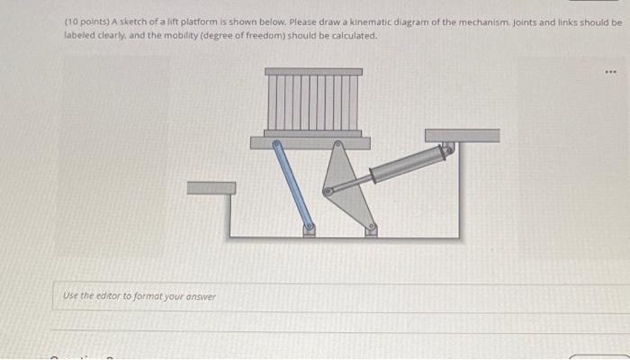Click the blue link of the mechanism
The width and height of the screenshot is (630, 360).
(x=292, y=184)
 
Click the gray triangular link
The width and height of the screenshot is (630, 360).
(x=347, y=184)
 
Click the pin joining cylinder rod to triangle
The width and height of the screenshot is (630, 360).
(x=328, y=191)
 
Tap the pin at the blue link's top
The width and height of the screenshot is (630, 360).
(x=277, y=143)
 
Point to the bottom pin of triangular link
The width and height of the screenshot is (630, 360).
(x=371, y=228)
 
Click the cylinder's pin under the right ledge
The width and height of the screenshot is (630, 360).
(x=450, y=148)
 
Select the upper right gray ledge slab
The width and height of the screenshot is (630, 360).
(x=462, y=135)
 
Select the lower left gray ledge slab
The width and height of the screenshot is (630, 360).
(x=211, y=187)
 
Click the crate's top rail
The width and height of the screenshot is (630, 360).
(x=313, y=71)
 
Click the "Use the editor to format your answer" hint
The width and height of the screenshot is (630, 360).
(x=139, y=295)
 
